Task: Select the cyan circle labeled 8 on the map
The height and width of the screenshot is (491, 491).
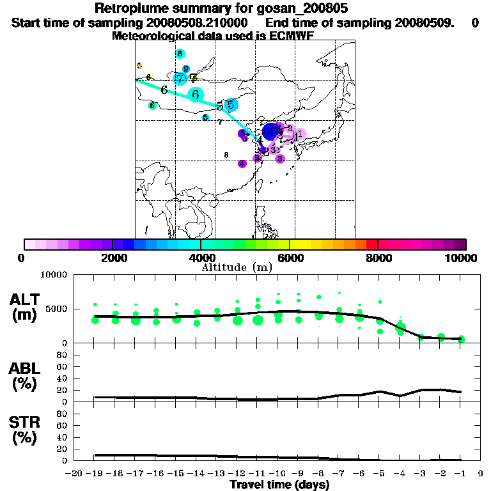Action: pyautogui.click(x=180, y=54)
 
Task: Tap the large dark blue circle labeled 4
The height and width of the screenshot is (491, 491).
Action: pyautogui.click(x=271, y=131)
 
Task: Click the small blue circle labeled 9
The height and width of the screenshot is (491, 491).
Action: pyautogui.click(x=186, y=69)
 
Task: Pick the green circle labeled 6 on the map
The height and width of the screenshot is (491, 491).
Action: pyautogui.click(x=152, y=105)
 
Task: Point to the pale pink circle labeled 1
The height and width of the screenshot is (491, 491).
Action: pyautogui.click(x=299, y=134)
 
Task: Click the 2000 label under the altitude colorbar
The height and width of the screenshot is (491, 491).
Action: pyautogui.click(x=113, y=258)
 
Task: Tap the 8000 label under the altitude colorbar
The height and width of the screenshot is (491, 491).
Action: pyautogui.click(x=378, y=258)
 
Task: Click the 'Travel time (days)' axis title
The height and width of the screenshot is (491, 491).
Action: pyautogui.click(x=279, y=485)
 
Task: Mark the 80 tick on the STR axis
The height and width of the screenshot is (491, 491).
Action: pyautogui.click(x=63, y=414)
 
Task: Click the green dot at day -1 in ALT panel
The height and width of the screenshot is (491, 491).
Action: pyautogui.click(x=461, y=339)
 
